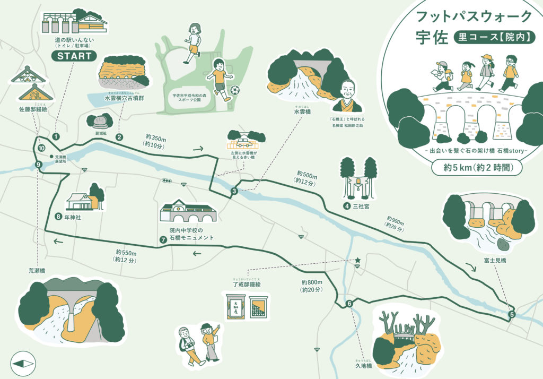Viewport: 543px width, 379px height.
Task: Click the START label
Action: pos(74,56)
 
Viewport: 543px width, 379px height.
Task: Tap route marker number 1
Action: pos(56,136)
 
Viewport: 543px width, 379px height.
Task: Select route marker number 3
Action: pos(234,191)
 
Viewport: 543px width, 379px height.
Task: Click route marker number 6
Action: pos(349,304)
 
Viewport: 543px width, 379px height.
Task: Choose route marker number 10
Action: pos(41,149)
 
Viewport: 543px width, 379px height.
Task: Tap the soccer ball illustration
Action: pos(235,91)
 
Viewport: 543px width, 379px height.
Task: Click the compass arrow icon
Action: pos(23,364)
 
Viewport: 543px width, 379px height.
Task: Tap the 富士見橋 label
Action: pos(495,261)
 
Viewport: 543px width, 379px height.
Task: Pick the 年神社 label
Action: pos(74,217)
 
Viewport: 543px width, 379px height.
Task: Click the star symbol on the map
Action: pos(358,260)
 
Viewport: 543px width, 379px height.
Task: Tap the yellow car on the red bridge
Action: pos(244,143)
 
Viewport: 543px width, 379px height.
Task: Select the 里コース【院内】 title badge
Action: pos(493,37)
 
